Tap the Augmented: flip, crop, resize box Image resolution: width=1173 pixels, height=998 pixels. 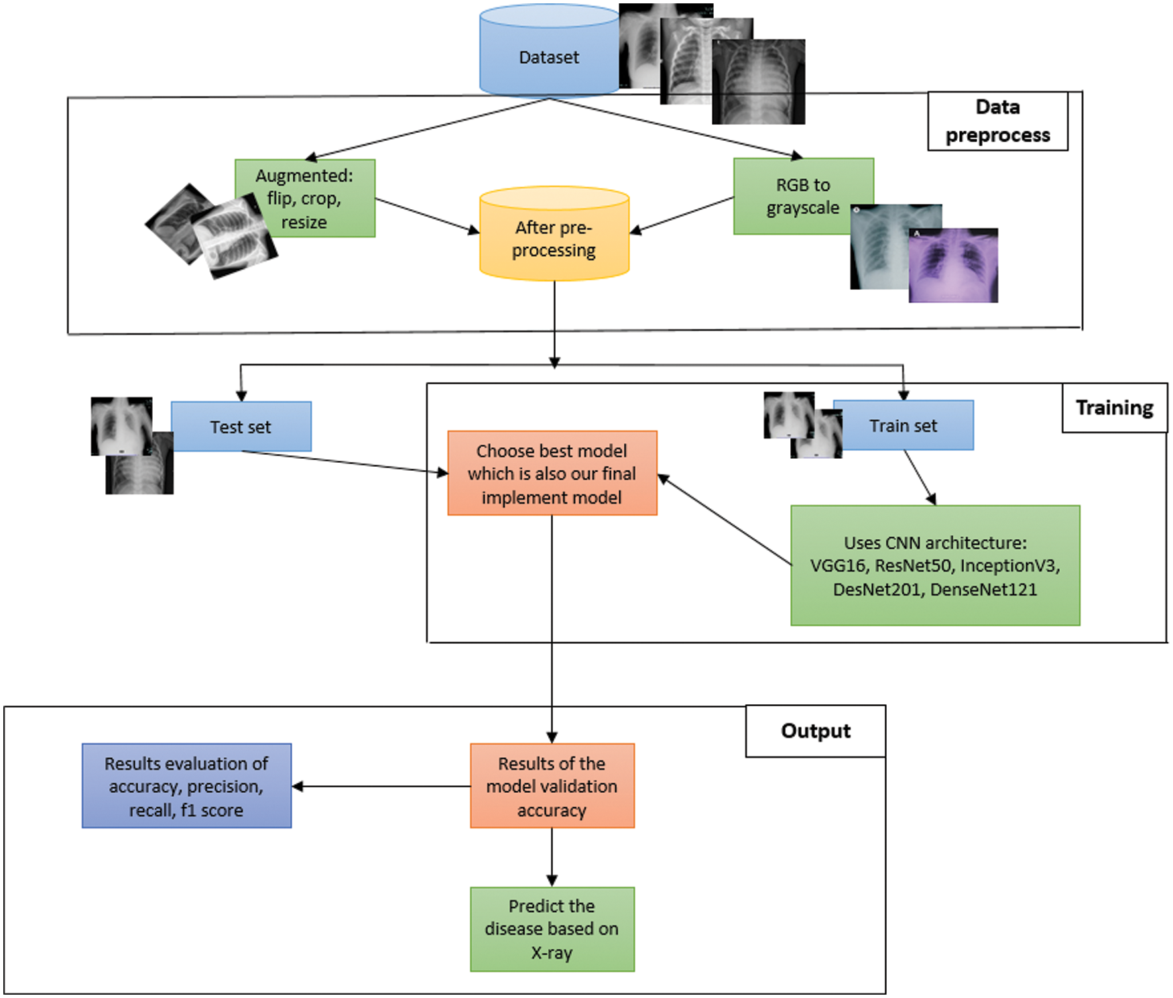(305, 198)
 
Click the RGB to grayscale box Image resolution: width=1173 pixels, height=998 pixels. (803, 196)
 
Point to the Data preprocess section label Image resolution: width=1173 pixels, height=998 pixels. (997, 121)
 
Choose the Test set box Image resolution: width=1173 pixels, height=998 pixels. (241, 427)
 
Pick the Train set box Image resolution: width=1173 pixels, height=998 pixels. (904, 425)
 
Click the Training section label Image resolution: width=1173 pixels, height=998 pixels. (1114, 408)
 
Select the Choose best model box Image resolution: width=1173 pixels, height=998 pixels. (552, 474)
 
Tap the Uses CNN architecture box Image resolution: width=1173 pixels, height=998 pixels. (935, 565)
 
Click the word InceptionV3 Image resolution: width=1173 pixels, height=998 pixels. (1009, 566)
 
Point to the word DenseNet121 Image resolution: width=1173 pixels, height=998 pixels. (983, 590)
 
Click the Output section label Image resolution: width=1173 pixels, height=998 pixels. (816, 731)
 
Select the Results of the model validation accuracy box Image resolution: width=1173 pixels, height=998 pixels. (552, 786)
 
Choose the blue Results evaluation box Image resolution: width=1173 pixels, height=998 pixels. (186, 786)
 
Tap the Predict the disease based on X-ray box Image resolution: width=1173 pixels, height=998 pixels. (552, 929)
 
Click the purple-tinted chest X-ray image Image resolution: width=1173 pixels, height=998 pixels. (953, 266)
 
